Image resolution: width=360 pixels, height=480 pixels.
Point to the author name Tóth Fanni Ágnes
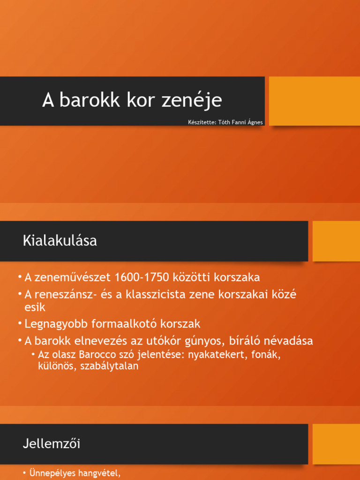(x=240, y=122)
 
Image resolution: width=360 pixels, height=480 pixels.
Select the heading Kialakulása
(x=60, y=241)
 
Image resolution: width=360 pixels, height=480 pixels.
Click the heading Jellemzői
(x=51, y=444)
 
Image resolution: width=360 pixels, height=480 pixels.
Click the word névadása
(x=289, y=341)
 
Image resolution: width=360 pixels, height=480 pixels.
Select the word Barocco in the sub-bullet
(x=97, y=355)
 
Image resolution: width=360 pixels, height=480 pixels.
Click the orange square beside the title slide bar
(x=315, y=101)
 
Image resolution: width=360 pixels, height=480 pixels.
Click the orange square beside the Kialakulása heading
(x=336, y=241)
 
